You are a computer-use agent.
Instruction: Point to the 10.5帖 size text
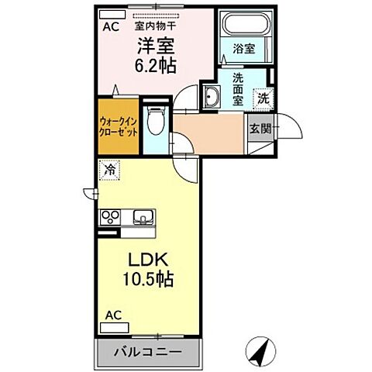point(145,281)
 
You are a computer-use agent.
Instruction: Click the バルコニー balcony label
point(150,352)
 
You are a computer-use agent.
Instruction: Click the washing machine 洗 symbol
point(263,98)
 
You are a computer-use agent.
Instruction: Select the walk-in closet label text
point(119,127)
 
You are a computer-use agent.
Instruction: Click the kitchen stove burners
point(110,217)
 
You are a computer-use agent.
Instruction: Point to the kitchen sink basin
point(143,217)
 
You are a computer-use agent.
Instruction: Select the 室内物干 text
point(160,24)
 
